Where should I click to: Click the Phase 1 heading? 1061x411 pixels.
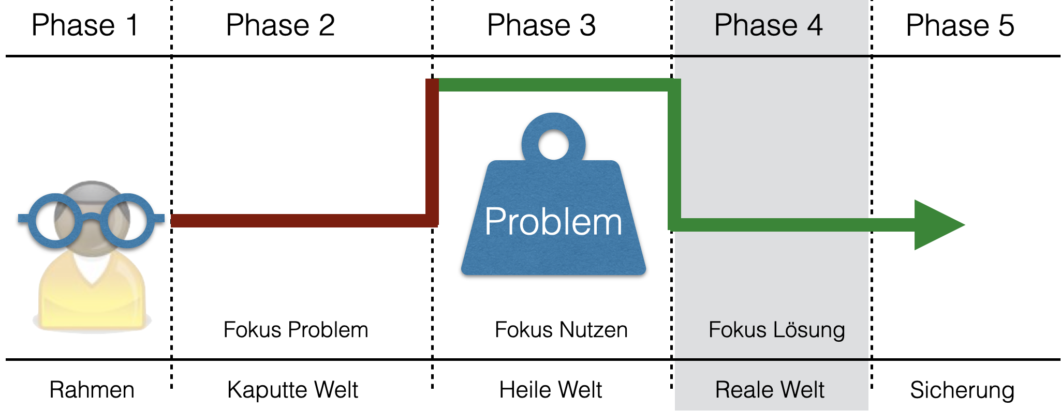click(x=85, y=25)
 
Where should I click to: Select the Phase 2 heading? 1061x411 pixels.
click(x=280, y=25)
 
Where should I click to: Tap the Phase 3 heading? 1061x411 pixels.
click(x=541, y=25)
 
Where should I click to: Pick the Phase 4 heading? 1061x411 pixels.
click(x=768, y=25)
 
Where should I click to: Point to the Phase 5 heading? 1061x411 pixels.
click(x=960, y=25)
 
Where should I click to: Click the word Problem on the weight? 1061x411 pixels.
click(x=553, y=222)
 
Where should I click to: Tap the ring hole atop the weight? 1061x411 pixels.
click(x=553, y=144)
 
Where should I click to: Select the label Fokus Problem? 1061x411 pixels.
click(x=296, y=330)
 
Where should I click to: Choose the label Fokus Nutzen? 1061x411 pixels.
click(x=561, y=330)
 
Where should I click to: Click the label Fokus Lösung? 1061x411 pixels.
click(x=776, y=330)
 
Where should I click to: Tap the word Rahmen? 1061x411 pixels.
click(x=92, y=390)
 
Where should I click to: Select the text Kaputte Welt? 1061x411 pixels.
click(x=292, y=390)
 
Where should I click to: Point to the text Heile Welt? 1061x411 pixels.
click(x=550, y=390)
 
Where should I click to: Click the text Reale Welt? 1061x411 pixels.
click(x=770, y=390)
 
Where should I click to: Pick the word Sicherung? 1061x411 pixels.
click(x=962, y=390)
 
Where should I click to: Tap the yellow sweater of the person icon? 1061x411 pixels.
click(x=92, y=300)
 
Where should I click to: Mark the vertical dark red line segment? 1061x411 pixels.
click(x=432, y=150)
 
